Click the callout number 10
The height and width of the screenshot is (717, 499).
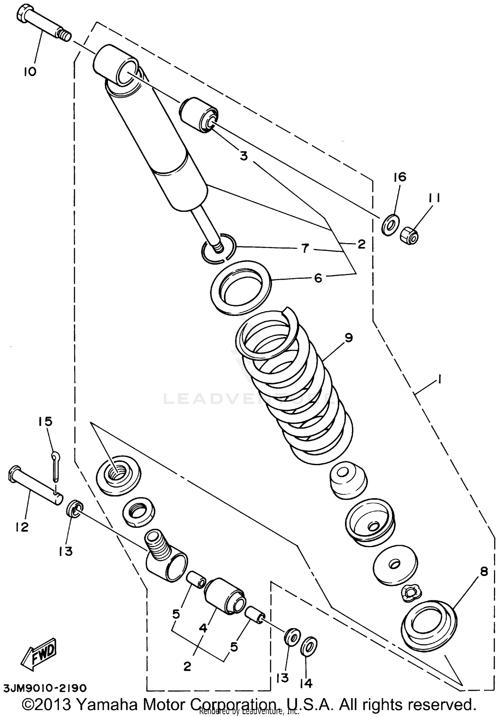click(x=30, y=72)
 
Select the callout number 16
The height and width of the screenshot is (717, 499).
click(x=400, y=177)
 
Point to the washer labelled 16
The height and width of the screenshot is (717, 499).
click(x=390, y=225)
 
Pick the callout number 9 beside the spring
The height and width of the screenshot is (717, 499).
click(x=349, y=338)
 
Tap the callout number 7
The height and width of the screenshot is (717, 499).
click(x=305, y=248)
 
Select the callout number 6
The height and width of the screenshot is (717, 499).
click(x=318, y=278)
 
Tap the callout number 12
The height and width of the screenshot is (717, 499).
click(x=22, y=527)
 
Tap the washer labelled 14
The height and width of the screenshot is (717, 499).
click(x=309, y=646)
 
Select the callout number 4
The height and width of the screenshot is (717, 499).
click(x=203, y=628)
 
